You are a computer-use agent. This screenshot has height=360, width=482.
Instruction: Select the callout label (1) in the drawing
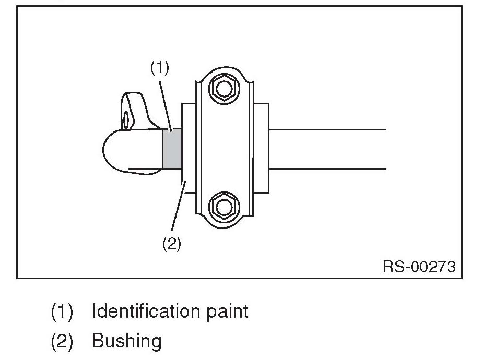[x=160, y=68]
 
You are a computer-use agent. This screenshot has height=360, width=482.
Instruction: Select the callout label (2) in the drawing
[x=172, y=244]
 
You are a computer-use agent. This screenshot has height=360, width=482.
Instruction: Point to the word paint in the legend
[x=227, y=311]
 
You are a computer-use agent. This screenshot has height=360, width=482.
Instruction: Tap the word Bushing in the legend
[x=126, y=341]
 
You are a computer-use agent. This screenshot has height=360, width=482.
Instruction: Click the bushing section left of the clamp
[x=188, y=149]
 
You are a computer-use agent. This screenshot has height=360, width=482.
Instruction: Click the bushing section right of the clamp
[x=261, y=149]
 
